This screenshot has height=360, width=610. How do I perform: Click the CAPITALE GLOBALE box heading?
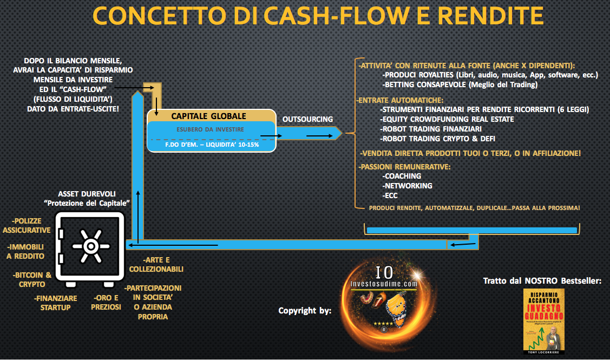(208, 116)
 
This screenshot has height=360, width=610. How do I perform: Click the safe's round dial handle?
(89, 245)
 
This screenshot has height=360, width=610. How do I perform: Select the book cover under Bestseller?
(544, 322)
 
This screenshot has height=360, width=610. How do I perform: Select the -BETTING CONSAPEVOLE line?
(460, 85)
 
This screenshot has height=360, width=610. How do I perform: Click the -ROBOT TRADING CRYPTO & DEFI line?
(437, 139)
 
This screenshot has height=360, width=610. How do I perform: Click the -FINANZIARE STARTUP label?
(55, 302)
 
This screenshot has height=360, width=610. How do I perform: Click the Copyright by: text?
(305, 311)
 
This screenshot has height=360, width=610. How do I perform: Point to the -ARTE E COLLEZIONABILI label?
(156, 265)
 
